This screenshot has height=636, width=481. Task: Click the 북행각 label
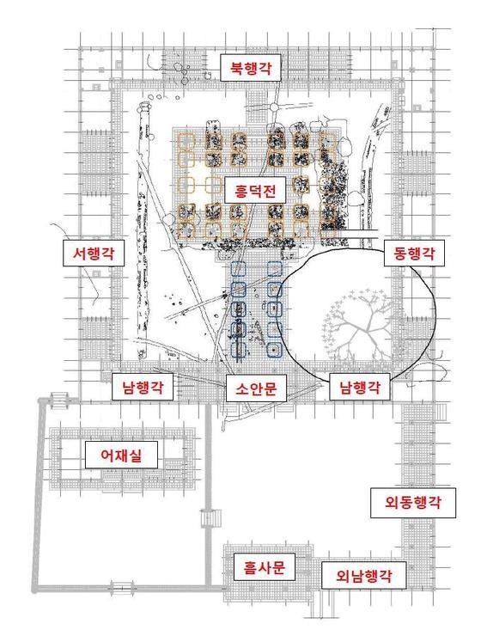coord(251,68)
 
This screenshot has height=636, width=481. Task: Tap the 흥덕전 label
coord(255,190)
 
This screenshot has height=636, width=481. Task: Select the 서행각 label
coord(94,253)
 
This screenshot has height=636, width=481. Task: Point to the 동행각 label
coord(414,253)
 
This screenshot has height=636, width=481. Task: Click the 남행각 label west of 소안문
coord(143,387)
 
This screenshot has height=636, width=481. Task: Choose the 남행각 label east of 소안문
coord(360,388)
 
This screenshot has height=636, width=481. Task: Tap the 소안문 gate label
coord(256,388)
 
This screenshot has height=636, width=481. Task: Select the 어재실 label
coord(121,456)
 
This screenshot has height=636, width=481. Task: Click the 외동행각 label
coord(413,503)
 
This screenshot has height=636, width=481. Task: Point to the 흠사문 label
coord(265,567)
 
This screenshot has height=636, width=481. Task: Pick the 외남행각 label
coord(363,576)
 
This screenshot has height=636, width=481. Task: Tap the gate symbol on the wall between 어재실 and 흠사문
coord(211,518)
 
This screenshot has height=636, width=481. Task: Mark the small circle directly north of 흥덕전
coord(274,107)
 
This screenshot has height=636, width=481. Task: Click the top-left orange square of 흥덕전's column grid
coord(186,141)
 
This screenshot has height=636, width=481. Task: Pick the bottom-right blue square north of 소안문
coord(275,350)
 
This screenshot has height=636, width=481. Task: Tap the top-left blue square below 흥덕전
coord(238,269)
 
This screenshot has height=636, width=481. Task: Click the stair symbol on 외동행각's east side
coord(440,412)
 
